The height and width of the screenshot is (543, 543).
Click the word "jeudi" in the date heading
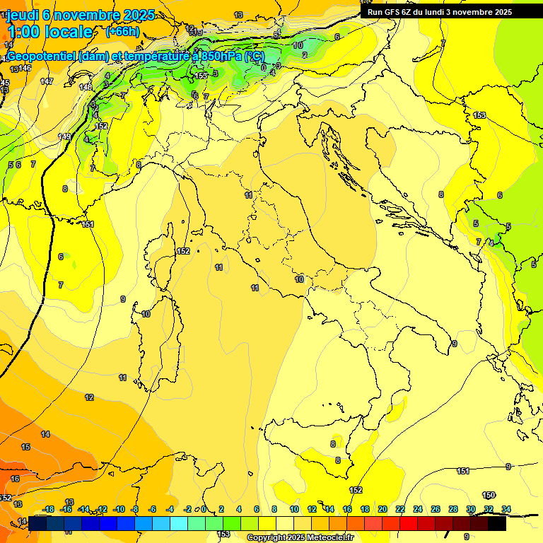[23, 15]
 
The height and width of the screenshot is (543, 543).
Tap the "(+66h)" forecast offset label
[122, 32]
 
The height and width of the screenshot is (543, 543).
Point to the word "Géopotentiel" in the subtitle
[42, 56]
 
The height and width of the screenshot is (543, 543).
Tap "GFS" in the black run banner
[393, 12]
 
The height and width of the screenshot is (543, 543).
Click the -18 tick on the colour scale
[48, 509]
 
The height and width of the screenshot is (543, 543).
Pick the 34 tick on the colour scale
[506, 509]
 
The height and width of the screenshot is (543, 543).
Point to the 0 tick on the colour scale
[204, 509]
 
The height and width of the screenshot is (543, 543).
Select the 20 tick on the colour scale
[383, 509]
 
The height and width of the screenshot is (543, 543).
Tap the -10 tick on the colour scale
[119, 509]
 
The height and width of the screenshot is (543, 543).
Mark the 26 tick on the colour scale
[436, 509]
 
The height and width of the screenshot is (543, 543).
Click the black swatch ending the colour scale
[497, 523]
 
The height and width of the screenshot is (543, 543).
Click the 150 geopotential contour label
[489, 495]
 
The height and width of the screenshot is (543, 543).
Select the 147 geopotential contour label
[47, 82]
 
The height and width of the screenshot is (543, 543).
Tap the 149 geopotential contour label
[64, 136]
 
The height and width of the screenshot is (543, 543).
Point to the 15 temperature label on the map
[25, 447]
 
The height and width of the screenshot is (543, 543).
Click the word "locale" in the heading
[69, 32]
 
